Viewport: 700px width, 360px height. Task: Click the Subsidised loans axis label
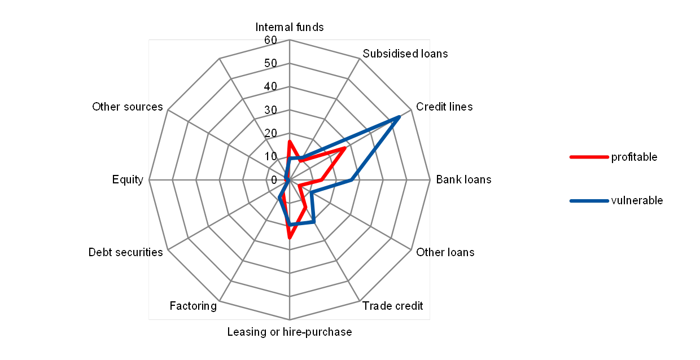tap(405, 54)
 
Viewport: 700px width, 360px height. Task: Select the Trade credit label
tap(392, 306)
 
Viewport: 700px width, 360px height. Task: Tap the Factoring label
tap(193, 306)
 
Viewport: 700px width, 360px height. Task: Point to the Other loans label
tap(445, 252)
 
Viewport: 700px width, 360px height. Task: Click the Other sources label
tap(128, 107)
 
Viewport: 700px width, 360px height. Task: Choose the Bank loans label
tap(461, 179)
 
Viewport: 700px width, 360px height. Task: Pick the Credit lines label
tap(444, 107)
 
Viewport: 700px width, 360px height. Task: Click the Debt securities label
tap(128, 252)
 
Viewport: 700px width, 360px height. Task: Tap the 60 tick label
tap(270, 40)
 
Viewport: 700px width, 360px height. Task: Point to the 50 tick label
tap(270, 63)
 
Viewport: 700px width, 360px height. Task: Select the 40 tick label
tap(270, 86)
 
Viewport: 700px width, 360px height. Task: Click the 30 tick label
tap(270, 110)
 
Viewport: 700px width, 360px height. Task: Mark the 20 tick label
tap(270, 133)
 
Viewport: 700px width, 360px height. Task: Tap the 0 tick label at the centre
tap(274, 180)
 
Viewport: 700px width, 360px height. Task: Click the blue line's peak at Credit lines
tap(399, 117)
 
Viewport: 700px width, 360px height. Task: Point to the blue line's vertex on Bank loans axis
tap(352, 180)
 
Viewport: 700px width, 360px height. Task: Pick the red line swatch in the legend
tap(589, 157)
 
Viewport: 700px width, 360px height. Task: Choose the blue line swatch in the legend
tap(589, 201)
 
